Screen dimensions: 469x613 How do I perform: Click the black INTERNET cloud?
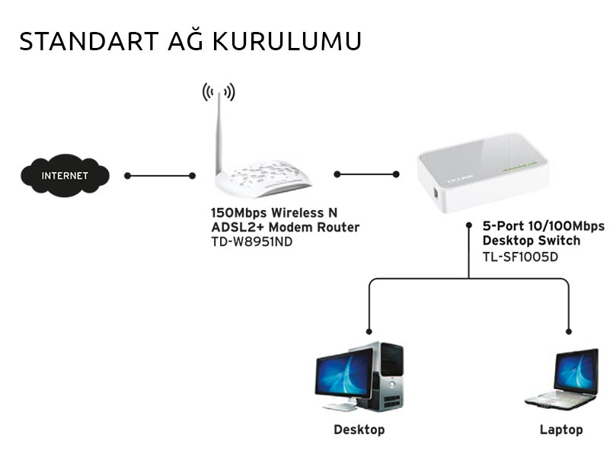point(65,176)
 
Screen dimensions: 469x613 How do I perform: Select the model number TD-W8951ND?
point(251,241)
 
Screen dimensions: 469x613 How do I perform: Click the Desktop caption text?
point(359,430)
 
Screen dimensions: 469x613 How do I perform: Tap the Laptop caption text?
point(561,430)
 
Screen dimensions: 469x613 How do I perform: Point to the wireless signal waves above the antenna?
point(219,92)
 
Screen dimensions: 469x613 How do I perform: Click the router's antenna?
point(219,133)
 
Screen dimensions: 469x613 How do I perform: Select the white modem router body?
point(263,180)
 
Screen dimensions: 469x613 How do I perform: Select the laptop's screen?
point(576,371)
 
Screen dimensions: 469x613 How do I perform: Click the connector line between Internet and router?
point(160,176)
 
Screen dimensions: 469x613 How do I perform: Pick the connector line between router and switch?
point(366,174)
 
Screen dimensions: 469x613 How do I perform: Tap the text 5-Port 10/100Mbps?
point(544,226)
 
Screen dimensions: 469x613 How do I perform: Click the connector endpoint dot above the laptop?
point(568,330)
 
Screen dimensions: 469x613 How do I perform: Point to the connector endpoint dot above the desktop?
point(369,330)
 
